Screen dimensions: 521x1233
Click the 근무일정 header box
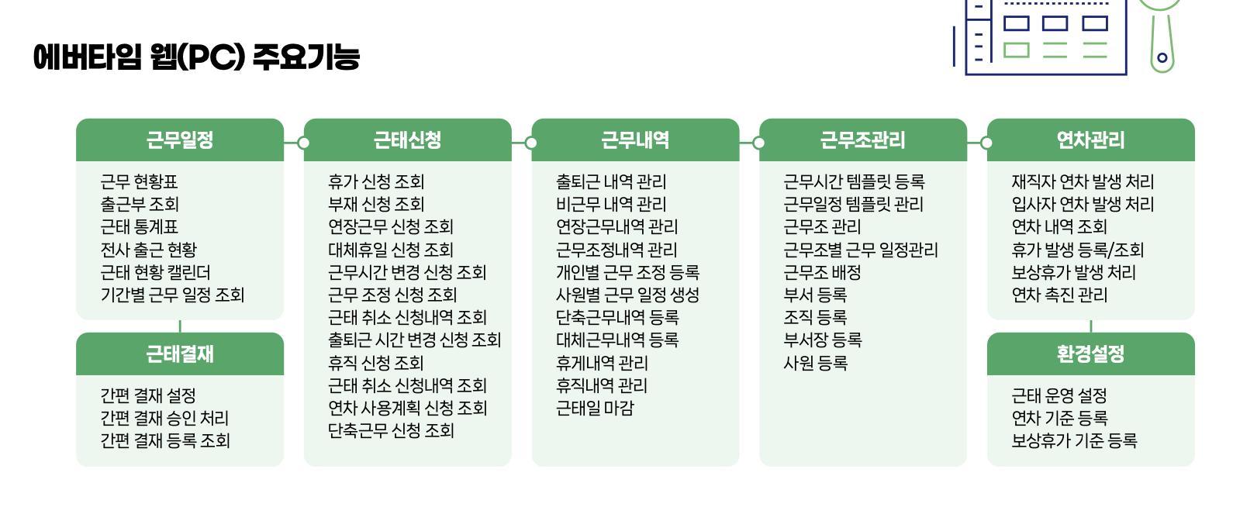click(180, 140)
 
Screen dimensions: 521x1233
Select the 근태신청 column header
click(408, 140)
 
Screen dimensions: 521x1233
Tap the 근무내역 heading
click(635, 140)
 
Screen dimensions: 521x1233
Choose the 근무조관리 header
click(863, 140)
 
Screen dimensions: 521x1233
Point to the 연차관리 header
click(1090, 140)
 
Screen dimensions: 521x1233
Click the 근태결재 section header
click(180, 354)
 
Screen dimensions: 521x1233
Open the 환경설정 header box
click(1090, 354)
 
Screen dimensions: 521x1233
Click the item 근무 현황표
click(140, 182)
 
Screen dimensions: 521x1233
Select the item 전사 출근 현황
click(149, 250)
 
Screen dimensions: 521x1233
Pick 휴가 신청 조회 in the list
click(376, 182)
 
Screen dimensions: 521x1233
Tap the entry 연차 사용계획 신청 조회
click(407, 408)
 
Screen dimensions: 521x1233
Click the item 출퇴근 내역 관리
click(611, 182)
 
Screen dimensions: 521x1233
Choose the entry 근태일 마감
click(595, 408)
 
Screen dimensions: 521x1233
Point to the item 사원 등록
click(816, 363)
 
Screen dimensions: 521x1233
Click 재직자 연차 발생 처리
click(1083, 182)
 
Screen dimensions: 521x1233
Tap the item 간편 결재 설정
click(148, 396)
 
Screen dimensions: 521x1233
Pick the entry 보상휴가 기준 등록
click(1074, 441)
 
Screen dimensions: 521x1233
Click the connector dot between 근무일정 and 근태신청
click(304, 143)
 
